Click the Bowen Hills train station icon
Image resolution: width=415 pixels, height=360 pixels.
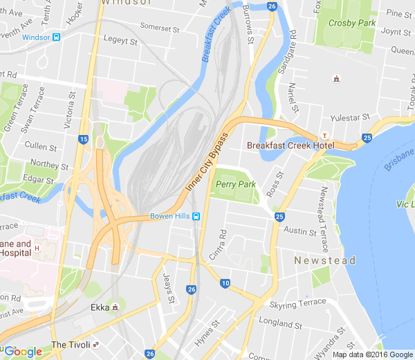point(196,216)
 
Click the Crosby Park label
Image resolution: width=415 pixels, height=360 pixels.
point(351,23)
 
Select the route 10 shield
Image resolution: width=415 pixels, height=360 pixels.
point(225,283)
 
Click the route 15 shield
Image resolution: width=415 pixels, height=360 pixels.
point(84,139)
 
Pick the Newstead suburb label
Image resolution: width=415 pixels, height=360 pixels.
point(324,260)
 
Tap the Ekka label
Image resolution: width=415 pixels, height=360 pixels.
point(100,307)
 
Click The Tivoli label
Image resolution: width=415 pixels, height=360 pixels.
point(71,345)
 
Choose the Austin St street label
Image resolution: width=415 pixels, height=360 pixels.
point(299,231)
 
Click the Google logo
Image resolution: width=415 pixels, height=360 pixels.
point(23,351)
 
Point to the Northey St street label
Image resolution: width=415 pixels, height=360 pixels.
point(50,166)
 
